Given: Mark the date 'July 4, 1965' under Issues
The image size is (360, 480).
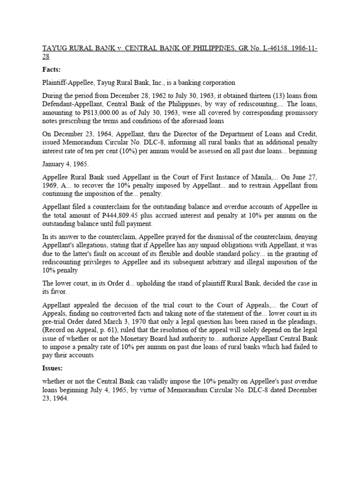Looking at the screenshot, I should pyautogui.click(x=117, y=390).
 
